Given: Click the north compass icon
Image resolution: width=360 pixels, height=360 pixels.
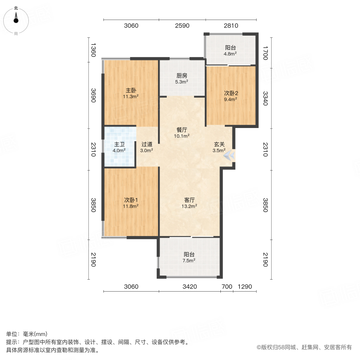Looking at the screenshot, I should [x=16, y=20].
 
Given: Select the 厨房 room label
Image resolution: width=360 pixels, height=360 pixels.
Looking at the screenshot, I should [x=182, y=76].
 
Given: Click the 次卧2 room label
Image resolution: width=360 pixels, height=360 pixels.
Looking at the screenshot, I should [x=230, y=93].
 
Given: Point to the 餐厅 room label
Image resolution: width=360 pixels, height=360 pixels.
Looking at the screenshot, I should [x=182, y=130].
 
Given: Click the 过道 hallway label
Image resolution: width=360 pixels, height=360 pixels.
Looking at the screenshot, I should [x=147, y=144].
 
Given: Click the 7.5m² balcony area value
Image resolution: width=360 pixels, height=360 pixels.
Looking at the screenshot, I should [x=189, y=261].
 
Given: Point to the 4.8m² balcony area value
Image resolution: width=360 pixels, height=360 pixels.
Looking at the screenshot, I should [x=230, y=54].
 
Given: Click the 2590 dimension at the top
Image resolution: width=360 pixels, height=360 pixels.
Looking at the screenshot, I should [x=182, y=26].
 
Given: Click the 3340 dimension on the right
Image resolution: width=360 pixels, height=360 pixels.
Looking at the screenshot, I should [x=264, y=98].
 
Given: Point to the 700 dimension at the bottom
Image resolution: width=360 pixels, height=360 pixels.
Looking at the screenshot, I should [x=226, y=286].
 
